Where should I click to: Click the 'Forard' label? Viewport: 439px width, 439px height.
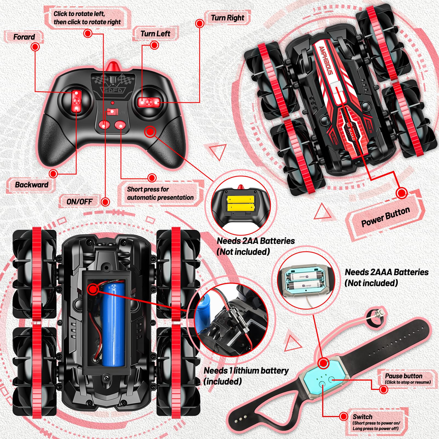24,37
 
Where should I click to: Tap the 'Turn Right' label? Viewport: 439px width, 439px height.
227,18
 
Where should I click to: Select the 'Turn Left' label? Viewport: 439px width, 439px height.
155,34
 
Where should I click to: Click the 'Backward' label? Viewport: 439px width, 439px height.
32,185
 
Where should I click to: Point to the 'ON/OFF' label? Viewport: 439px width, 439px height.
79,202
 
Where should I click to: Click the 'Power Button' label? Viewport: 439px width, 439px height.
385,217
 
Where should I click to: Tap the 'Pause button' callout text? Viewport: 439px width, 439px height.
404,376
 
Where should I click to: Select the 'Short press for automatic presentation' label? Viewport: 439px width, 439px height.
160,193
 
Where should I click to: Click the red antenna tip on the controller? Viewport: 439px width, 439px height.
112,66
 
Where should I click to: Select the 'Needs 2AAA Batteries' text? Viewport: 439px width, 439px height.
386,272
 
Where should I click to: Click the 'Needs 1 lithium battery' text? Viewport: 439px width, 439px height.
246,371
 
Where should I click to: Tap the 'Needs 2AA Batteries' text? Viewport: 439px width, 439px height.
256,241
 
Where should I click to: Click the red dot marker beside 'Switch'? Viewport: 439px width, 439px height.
343,416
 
